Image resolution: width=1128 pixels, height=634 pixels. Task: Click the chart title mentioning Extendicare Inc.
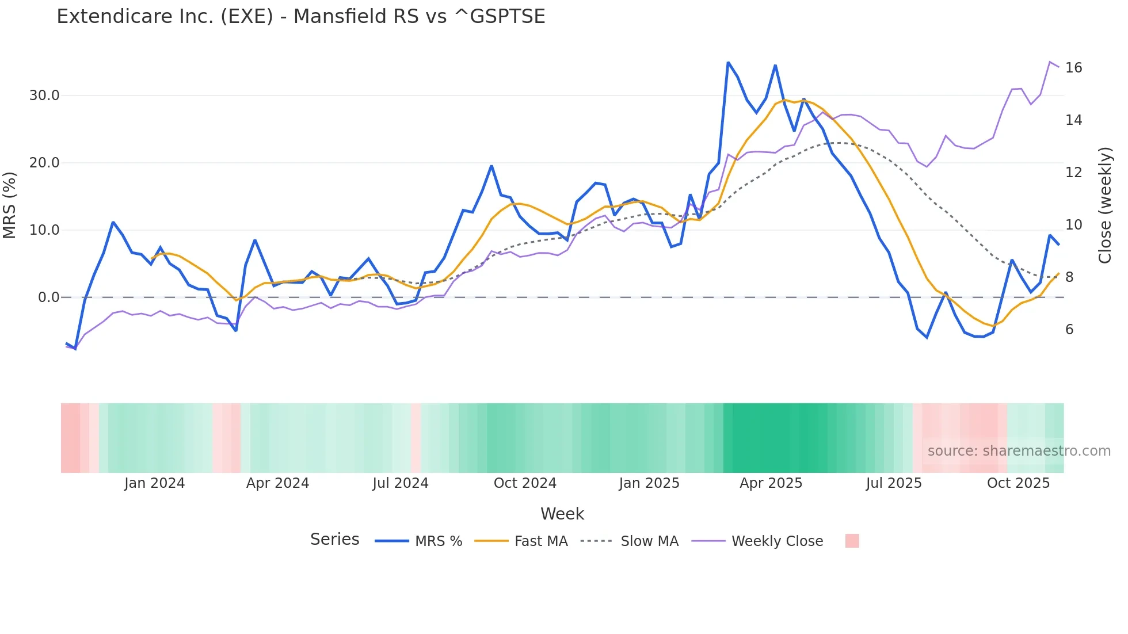(x=300, y=17)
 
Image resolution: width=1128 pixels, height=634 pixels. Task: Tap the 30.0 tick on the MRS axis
(x=44, y=96)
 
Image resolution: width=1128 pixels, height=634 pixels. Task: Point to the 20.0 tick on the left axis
(x=44, y=163)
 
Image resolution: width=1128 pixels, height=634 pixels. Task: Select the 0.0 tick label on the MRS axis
(x=48, y=297)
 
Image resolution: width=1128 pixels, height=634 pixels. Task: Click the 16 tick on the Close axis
(x=1073, y=68)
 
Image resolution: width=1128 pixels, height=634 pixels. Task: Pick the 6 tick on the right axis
(x=1069, y=330)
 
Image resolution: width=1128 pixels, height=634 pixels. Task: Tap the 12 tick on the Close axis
(x=1073, y=173)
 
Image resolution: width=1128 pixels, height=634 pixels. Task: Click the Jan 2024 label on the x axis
(x=154, y=483)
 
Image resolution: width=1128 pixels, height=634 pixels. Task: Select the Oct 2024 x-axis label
(x=525, y=483)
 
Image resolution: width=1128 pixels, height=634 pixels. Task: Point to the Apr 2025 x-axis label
(x=771, y=483)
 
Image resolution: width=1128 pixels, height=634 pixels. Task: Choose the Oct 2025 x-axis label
(x=1018, y=483)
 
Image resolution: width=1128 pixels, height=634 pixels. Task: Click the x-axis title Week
(x=562, y=514)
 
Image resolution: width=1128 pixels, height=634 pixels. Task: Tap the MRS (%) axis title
(x=10, y=205)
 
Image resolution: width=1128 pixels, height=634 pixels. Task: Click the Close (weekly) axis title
(x=1104, y=205)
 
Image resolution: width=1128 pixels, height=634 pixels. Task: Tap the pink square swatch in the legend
(x=852, y=541)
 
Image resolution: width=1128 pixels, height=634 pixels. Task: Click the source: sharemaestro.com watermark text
(x=1019, y=451)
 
